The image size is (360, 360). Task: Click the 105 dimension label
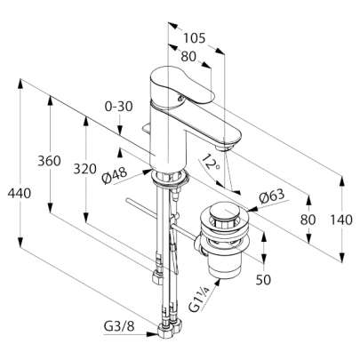[x=194, y=38]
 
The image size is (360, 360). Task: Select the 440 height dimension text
[x=20, y=194]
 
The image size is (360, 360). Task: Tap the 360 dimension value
[x=49, y=161]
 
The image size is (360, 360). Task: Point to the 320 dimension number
[x=85, y=169]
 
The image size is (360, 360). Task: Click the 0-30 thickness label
[x=118, y=107]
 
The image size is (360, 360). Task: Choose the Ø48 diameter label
[x=114, y=175]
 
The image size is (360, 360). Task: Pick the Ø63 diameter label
[x=271, y=196]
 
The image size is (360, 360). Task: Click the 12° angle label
[x=211, y=162]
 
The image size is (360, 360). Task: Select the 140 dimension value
[x=341, y=220]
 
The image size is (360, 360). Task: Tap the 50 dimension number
[x=263, y=279]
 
